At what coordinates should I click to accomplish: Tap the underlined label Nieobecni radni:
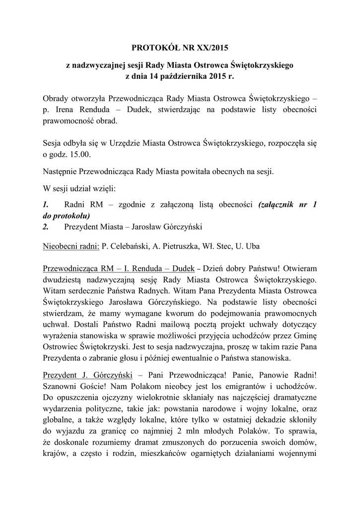[x=72, y=246]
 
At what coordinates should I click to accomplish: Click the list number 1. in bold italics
[x=46, y=205]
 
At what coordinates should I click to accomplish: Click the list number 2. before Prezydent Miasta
[x=46, y=227]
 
